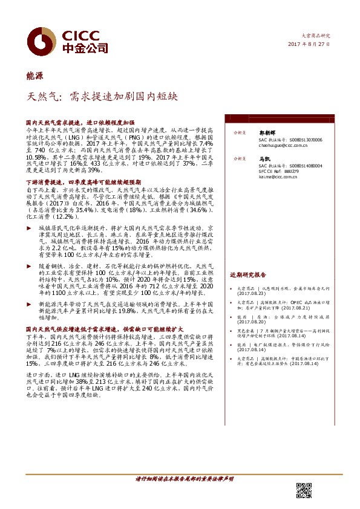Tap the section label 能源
click(x=34, y=75)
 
